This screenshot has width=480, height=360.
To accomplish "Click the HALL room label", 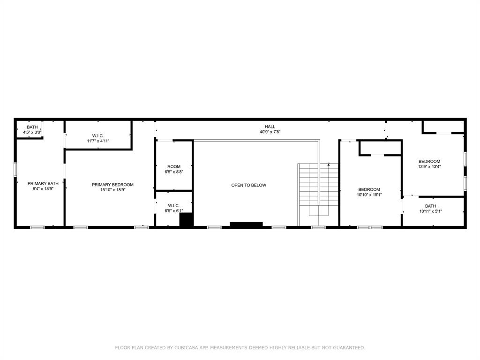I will tap(270, 127).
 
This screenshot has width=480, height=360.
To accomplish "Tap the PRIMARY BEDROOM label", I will tap(112, 185).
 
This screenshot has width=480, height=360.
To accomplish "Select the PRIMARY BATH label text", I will tap(43, 183).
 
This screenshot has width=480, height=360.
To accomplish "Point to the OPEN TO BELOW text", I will tap(248, 185).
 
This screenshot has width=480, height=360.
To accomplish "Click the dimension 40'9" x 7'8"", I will tap(270, 132).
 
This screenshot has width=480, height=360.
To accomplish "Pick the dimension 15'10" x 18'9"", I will tap(112, 190).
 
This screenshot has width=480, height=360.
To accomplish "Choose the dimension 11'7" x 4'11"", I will tap(98, 141).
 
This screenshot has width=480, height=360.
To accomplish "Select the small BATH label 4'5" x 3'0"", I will tap(32, 127).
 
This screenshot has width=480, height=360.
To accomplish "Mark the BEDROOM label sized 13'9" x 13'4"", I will tap(429, 161).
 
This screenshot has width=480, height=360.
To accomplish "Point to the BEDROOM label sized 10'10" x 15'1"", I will tap(369, 189).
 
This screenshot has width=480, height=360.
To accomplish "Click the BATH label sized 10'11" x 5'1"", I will tap(430, 206).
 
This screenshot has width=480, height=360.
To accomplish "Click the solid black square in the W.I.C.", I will tap(187, 220).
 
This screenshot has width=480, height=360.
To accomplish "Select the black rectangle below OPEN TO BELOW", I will tap(246, 224).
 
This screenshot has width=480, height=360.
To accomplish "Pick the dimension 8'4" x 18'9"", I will tap(43, 188).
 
